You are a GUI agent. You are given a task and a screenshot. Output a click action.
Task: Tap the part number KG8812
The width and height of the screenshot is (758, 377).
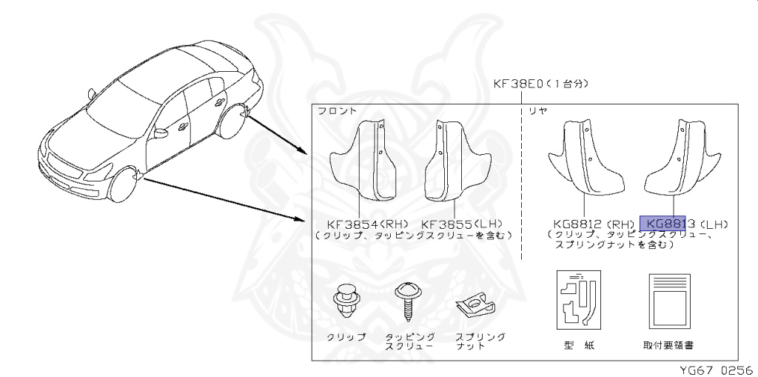[579, 223]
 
